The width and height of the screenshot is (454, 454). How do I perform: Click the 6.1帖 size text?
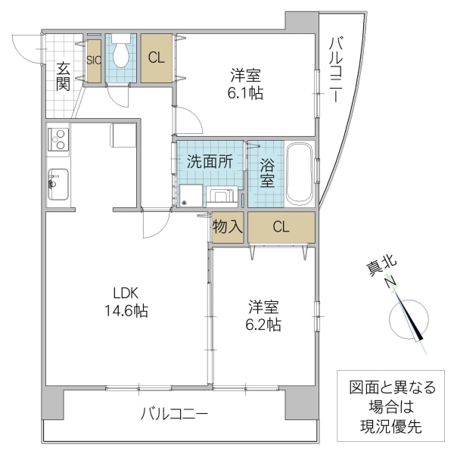click(247, 95)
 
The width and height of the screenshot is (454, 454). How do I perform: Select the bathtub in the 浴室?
click(300, 173)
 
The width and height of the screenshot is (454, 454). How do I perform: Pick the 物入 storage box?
click(228, 227)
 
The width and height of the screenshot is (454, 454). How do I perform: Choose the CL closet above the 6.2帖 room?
click(281, 227)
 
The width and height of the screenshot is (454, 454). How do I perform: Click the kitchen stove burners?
click(58, 138)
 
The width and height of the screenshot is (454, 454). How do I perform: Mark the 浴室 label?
click(267, 171)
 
